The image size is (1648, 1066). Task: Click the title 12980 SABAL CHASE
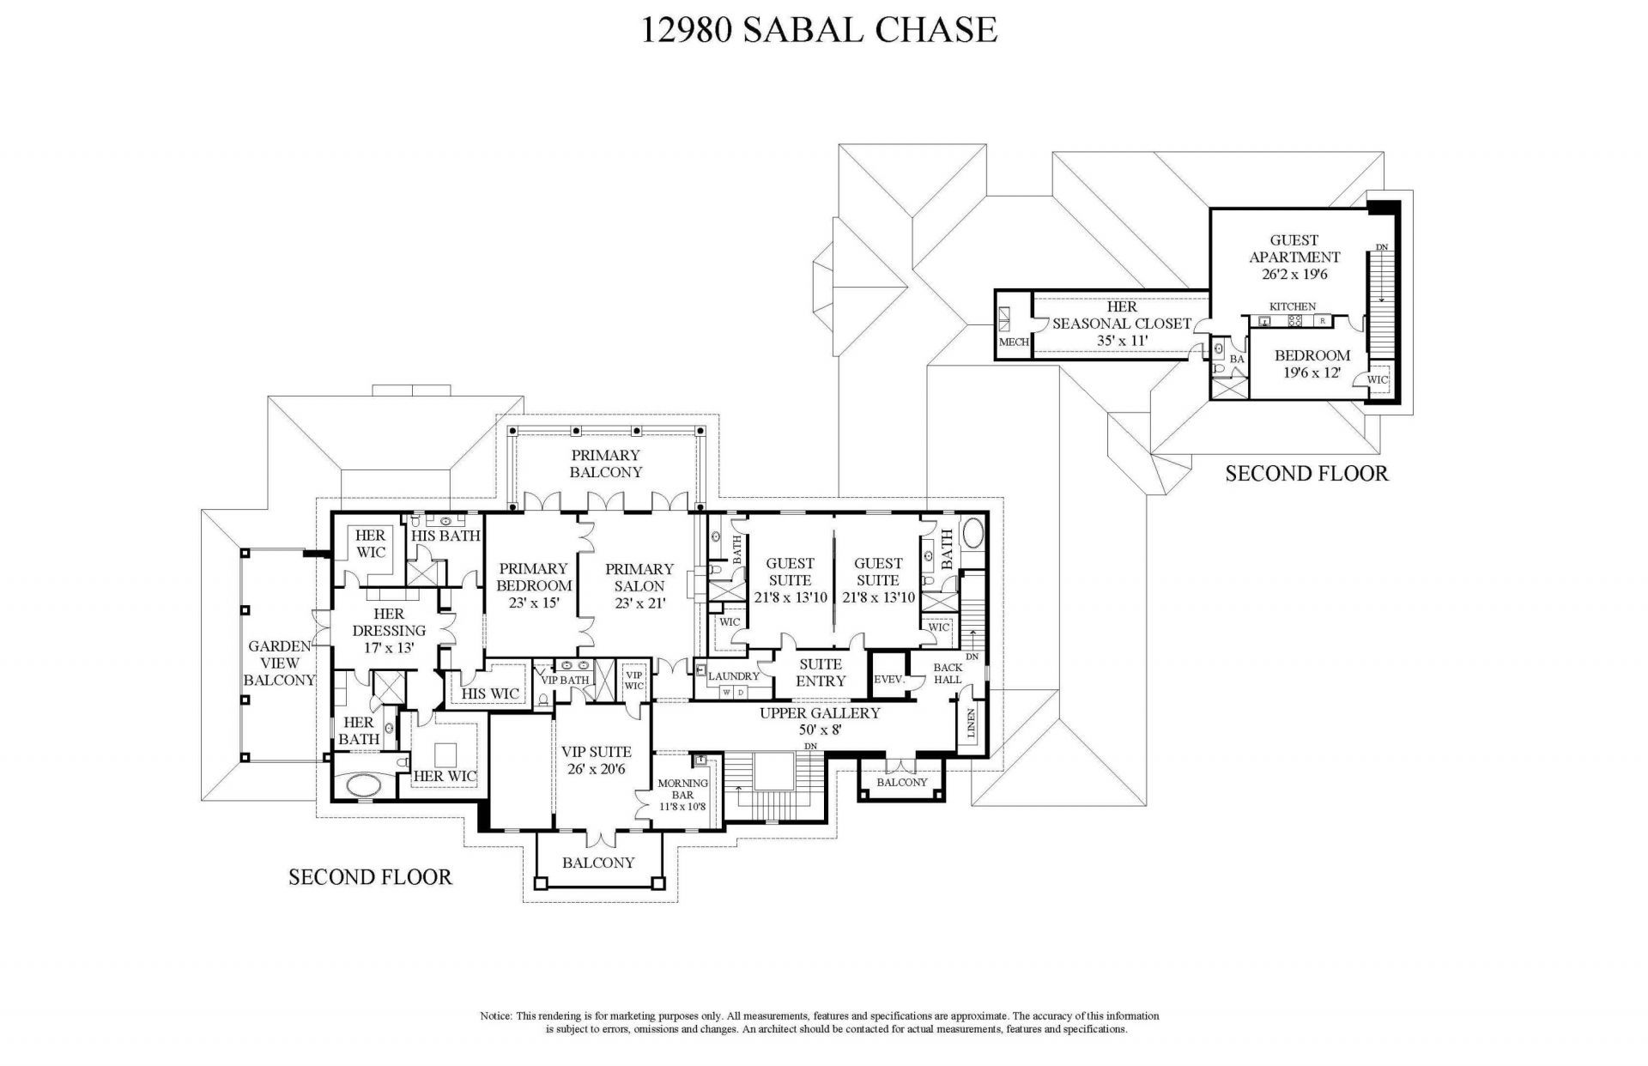click(x=819, y=30)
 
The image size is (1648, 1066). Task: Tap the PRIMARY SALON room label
click(x=639, y=585)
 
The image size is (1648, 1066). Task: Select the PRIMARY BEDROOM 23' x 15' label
click(x=534, y=585)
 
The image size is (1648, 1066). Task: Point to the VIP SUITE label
click(x=597, y=760)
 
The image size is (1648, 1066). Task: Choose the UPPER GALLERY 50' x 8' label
click(x=820, y=721)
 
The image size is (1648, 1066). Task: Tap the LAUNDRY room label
click(x=734, y=676)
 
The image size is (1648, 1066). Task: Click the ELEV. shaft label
click(x=889, y=680)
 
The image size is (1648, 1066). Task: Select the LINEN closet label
click(x=971, y=724)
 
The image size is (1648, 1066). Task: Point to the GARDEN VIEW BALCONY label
click(x=280, y=663)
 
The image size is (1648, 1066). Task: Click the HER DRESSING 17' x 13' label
click(x=389, y=631)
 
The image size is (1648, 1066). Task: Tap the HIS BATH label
click(x=445, y=536)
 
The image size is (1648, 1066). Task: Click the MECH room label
click(x=1014, y=342)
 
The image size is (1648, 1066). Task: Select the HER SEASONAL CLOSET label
click(x=1122, y=324)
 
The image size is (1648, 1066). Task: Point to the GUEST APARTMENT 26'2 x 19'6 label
click(x=1294, y=257)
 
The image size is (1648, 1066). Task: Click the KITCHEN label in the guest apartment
click(x=1293, y=306)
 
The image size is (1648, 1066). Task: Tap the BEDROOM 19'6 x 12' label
click(x=1312, y=364)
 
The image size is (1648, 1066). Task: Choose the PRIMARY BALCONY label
click(x=606, y=463)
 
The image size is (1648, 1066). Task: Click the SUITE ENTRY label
click(x=821, y=672)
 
